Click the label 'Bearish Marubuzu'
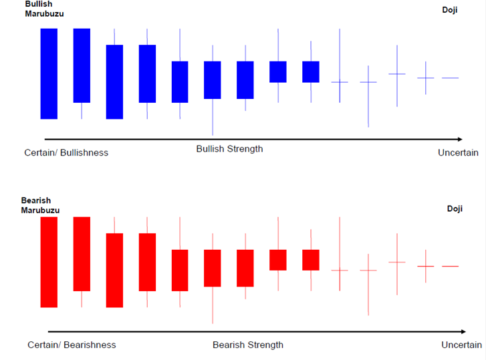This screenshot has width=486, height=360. [x=40, y=205]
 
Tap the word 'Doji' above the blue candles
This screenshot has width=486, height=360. [x=450, y=10]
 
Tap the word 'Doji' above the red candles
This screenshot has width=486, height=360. [x=455, y=209]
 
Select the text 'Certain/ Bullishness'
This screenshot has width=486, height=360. [x=66, y=152]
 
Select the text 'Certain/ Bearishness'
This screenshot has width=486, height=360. [x=72, y=345]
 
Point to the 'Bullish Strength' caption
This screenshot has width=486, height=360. [x=229, y=149]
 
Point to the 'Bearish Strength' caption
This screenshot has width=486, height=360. [x=247, y=345]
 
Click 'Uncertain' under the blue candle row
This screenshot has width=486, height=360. [x=458, y=152]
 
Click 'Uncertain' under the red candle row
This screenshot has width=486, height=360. [x=461, y=345]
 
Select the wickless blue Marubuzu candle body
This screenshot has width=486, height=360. [x=49, y=73]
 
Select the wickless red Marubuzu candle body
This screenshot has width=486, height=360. [x=49, y=262]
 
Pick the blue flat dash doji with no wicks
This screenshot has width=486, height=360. [x=450, y=78]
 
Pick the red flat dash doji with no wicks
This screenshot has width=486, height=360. [x=450, y=266]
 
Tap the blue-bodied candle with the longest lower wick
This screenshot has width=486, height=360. [x=213, y=80]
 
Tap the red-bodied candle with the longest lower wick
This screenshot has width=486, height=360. [x=213, y=268]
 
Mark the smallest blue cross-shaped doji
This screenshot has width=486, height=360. [x=426, y=78]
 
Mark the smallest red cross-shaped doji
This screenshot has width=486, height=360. [x=426, y=266]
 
